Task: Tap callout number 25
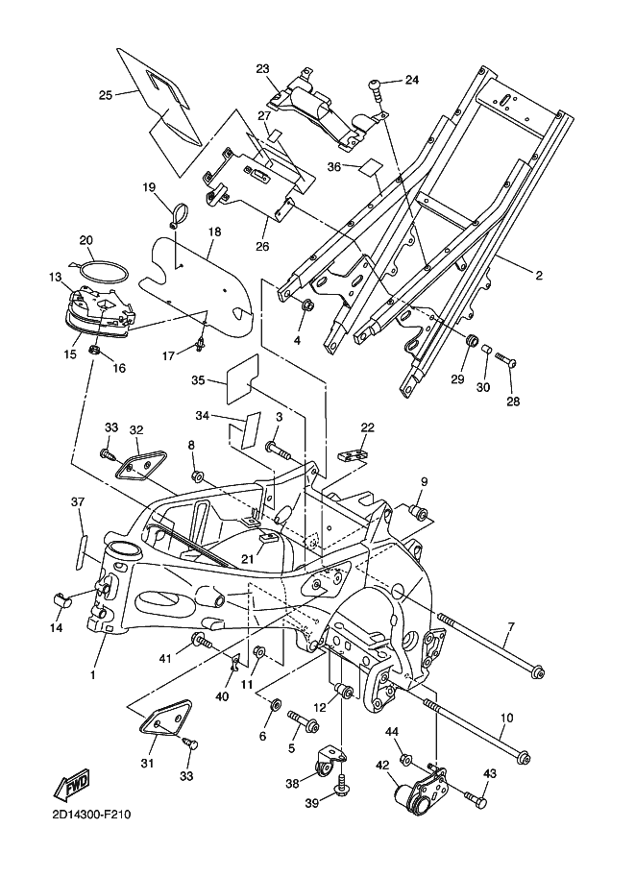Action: [x=106, y=94]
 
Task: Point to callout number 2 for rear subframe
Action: [x=539, y=276]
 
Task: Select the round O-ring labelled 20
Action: [x=100, y=271]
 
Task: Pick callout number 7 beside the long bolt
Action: [x=511, y=627]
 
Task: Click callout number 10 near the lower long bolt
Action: [x=506, y=718]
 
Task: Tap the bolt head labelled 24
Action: [x=376, y=88]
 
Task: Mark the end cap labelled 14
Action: [x=62, y=601]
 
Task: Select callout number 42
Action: [x=382, y=766]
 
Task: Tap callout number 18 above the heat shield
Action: [x=213, y=232]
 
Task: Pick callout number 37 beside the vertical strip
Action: [x=77, y=502]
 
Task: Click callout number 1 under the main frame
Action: [x=93, y=675]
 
